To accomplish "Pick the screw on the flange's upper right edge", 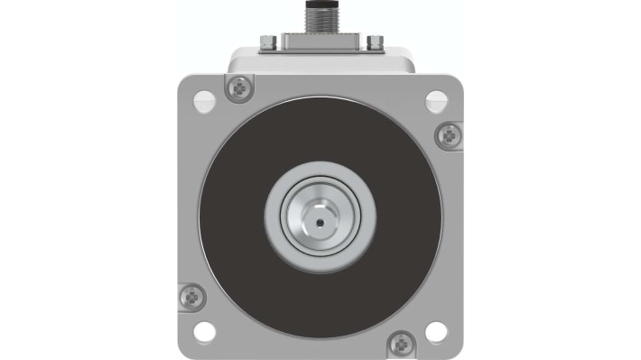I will pyautogui.click(x=449, y=135).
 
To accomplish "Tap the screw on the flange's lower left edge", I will pyautogui.click(x=191, y=295).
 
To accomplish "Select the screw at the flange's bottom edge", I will pyautogui.click(x=400, y=342).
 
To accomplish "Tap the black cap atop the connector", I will pyautogui.click(x=320, y=4).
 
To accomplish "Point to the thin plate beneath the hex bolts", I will pyautogui.click(x=320, y=51).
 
